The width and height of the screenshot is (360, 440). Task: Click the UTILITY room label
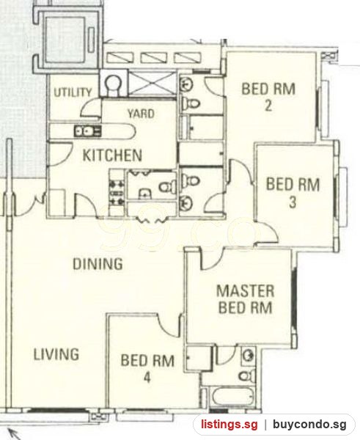[x=73, y=92]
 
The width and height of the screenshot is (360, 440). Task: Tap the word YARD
[x=141, y=114]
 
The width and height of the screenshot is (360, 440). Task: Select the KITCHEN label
[x=112, y=155]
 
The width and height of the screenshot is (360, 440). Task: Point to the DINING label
[x=98, y=264]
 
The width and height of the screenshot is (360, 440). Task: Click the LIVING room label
[x=56, y=354]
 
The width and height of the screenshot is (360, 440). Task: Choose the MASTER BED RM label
[x=245, y=299]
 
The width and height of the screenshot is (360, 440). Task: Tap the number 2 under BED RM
[x=268, y=106]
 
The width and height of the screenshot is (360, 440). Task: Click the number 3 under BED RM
[x=293, y=202]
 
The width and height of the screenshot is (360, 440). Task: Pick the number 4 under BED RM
[x=147, y=378]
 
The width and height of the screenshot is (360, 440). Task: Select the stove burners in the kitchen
[x=117, y=193]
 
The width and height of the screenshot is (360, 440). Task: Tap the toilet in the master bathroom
[x=247, y=375]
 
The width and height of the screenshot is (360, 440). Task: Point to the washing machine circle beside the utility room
[x=113, y=84]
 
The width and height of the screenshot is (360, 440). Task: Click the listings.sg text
[x=229, y=425]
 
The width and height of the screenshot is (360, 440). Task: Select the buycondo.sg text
[x=309, y=425]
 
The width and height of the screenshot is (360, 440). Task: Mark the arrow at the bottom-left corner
[x=15, y=434]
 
